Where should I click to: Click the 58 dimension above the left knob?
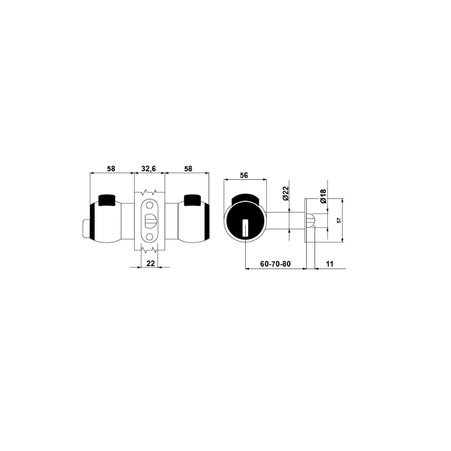coord(111,169)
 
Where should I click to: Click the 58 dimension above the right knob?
coord(188,169)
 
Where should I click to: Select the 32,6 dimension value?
coord(149,169)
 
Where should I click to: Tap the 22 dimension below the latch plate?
coord(151,263)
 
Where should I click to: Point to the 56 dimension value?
coord(244,175)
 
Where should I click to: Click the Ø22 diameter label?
coord(285,193)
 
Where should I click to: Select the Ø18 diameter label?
coord(323,196)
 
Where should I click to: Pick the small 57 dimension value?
coord(339,220)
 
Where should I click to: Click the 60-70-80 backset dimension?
coord(275,264)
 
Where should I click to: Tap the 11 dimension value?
coord(330,264)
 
